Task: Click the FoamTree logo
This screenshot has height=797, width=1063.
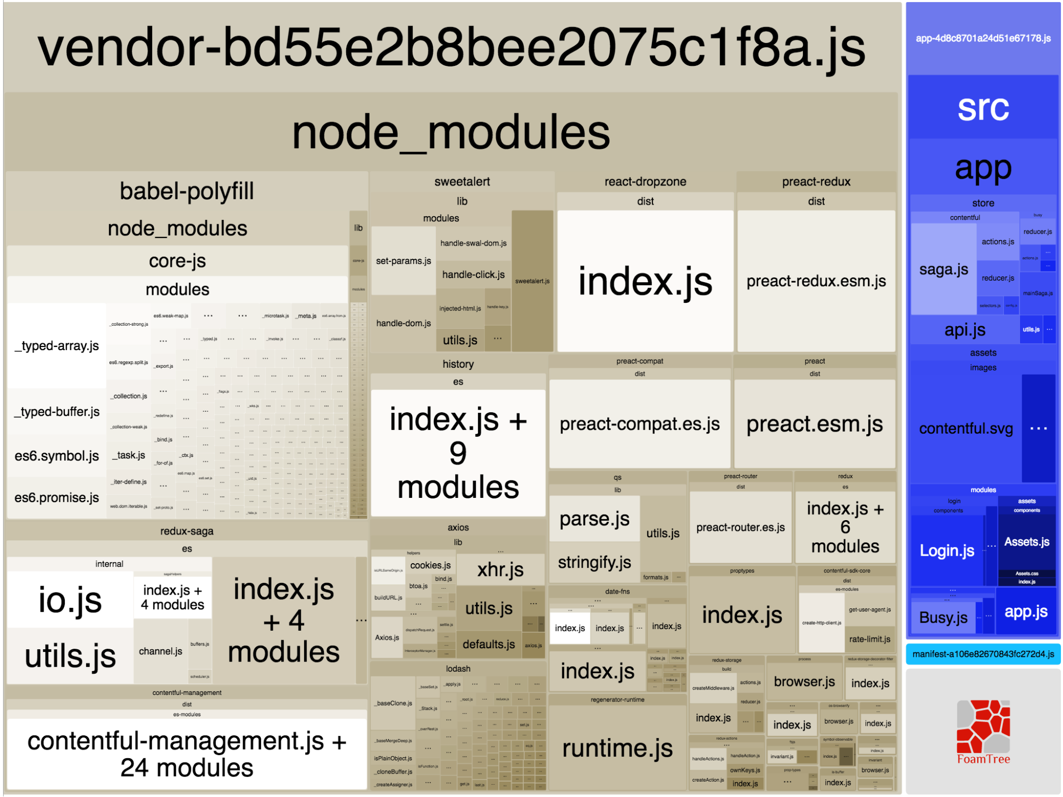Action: tap(983, 731)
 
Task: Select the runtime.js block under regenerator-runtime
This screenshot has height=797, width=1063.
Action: tap(617, 748)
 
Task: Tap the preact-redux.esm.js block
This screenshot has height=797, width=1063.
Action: tap(816, 281)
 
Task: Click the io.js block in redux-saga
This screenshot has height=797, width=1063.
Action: tap(70, 600)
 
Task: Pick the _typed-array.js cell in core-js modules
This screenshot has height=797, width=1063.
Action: tap(56, 346)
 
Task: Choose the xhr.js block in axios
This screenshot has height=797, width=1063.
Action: tap(500, 570)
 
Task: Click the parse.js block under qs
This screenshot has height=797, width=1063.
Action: tap(594, 519)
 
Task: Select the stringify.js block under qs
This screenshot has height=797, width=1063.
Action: tap(594, 562)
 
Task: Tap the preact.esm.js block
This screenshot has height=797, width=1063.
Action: tap(814, 424)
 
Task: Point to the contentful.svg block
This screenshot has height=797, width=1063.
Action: tap(966, 428)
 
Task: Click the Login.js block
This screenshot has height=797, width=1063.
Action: tap(947, 550)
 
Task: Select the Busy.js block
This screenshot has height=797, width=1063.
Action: tap(943, 617)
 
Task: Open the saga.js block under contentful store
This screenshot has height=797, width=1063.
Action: tap(943, 269)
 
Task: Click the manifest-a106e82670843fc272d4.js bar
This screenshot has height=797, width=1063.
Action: tap(983, 654)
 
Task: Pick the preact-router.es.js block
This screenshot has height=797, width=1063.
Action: tap(740, 527)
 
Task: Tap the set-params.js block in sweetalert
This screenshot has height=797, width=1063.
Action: tap(403, 261)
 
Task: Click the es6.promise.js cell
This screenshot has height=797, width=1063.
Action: tap(56, 498)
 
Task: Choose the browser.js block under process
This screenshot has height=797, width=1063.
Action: tap(804, 682)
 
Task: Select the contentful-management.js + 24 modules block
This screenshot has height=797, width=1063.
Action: tap(187, 754)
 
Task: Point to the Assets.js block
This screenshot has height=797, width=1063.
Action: tap(1026, 542)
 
